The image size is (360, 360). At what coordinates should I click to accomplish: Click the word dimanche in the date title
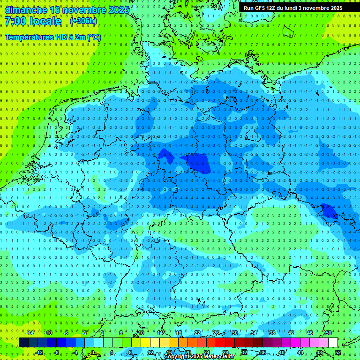pos(26,9)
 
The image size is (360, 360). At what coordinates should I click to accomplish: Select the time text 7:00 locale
pos(33,21)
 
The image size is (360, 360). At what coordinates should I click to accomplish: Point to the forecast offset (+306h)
pos(83,21)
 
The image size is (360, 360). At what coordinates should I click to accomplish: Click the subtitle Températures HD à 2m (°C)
pos(52,37)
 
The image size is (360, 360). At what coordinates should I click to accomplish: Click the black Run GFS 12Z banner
pos(293,8)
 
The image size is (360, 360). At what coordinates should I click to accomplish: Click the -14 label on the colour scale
pos(30,333)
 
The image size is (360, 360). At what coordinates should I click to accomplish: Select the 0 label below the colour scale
pos(92,352)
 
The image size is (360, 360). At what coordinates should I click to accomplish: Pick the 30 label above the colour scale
pos(234,333)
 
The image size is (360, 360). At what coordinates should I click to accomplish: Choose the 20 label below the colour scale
pos(187,352)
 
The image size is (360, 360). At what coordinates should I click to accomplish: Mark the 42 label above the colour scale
pos(291,333)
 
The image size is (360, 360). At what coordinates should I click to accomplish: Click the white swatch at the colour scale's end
pos(333,342)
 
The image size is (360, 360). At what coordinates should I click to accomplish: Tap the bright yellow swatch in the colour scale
pos(145,342)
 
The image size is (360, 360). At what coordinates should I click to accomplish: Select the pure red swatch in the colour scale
pos(220,342)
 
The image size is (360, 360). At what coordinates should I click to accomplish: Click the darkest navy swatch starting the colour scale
pos(23,342)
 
